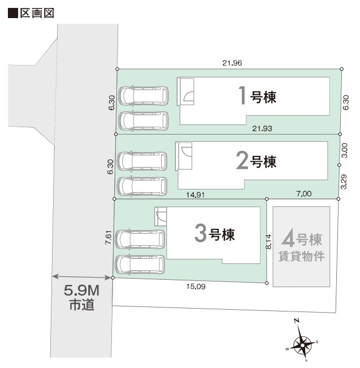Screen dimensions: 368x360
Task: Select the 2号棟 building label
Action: click(x=257, y=162)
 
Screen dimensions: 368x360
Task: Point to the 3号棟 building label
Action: click(x=214, y=233)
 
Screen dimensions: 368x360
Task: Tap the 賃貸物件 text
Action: click(x=302, y=256)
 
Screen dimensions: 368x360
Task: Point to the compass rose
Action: click(x=303, y=342)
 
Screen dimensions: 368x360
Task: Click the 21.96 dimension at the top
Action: click(x=232, y=63)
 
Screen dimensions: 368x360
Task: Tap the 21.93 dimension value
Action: click(x=263, y=129)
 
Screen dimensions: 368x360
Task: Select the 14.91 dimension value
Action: click(x=195, y=194)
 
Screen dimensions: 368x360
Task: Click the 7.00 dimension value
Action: click(x=303, y=194)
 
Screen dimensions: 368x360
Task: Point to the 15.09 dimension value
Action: click(x=196, y=287)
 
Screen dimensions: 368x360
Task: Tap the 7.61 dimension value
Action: click(x=108, y=237)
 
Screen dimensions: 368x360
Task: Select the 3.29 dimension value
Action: click(x=345, y=181)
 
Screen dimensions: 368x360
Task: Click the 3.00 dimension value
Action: click(x=345, y=150)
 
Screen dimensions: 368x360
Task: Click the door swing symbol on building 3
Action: click(x=161, y=216)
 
